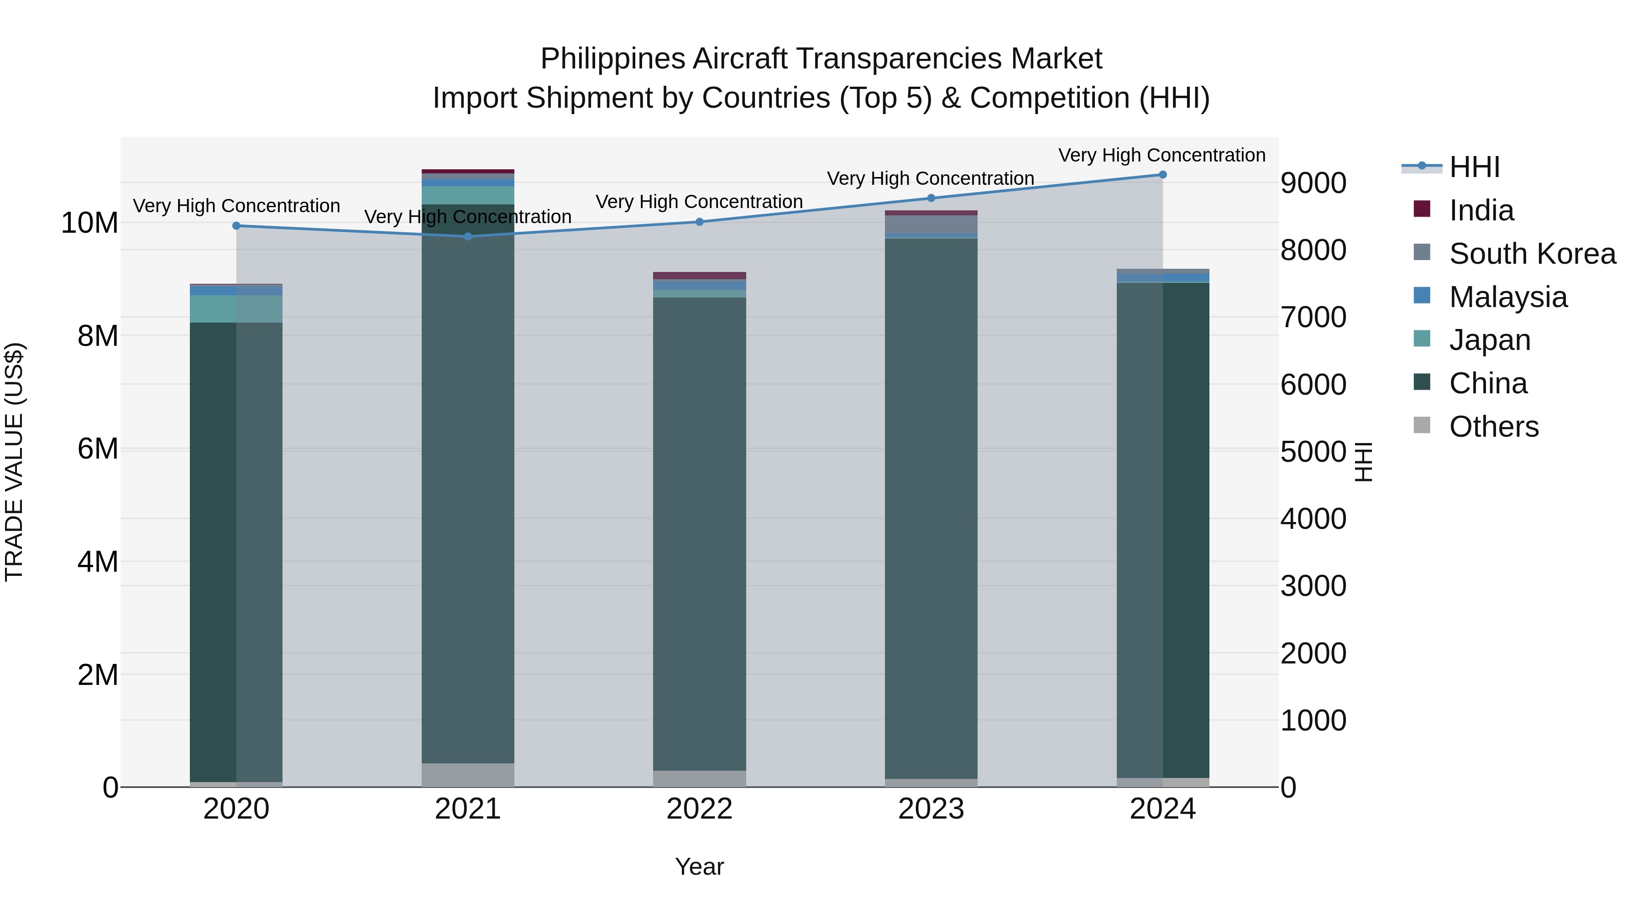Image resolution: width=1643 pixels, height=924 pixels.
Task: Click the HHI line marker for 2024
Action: pos(1162,175)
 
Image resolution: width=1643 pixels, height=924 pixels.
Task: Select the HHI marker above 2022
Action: pos(699,222)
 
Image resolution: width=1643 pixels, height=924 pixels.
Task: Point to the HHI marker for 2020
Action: pos(236,226)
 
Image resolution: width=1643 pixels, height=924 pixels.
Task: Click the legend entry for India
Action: pos(1481,210)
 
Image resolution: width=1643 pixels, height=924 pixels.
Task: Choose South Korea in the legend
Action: pos(1532,254)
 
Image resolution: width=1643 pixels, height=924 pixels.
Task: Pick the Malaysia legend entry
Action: pos(1508,297)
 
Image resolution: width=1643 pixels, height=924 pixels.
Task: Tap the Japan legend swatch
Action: pos(1422,339)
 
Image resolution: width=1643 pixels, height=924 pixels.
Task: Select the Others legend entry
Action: pos(1493,427)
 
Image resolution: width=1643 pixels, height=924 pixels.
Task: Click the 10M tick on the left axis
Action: pos(89,223)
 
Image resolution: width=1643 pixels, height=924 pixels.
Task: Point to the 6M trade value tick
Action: pos(98,449)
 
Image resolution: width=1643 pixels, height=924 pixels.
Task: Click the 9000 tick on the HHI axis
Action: pos(1313,183)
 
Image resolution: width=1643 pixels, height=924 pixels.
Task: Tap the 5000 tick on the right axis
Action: pos(1313,452)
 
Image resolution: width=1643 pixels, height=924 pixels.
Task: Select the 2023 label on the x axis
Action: pos(931,809)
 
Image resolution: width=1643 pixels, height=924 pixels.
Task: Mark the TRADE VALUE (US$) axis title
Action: pos(14,462)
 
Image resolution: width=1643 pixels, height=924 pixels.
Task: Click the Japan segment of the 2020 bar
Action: pos(236,308)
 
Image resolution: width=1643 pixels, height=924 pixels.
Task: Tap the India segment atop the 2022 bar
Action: pos(699,276)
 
